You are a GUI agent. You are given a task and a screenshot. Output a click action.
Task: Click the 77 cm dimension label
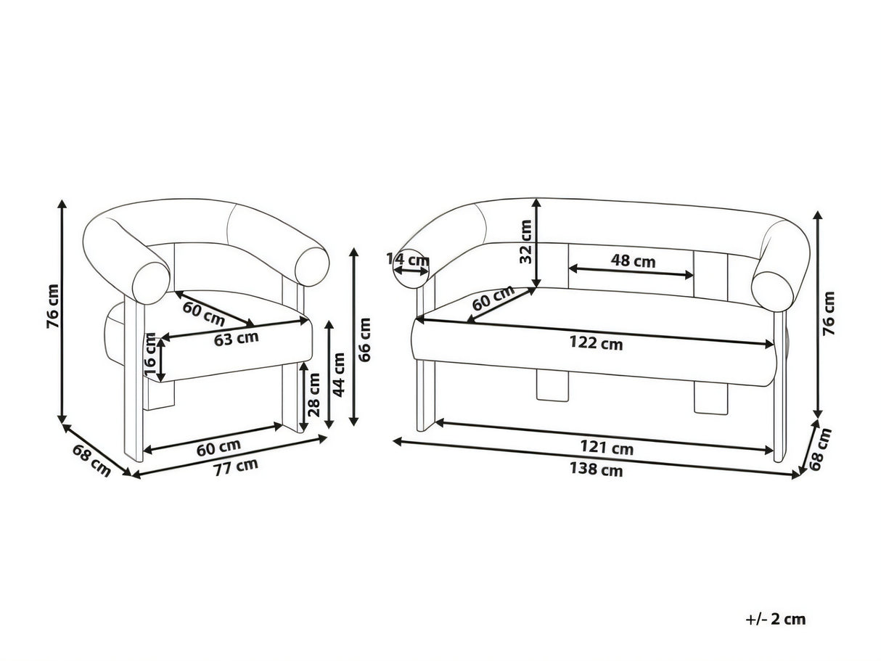(x=236, y=467)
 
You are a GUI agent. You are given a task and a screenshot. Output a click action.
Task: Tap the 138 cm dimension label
(x=597, y=469)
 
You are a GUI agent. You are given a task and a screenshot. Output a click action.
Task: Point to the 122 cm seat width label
(x=597, y=343)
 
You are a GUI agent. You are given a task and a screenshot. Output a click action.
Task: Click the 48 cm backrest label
(x=634, y=261)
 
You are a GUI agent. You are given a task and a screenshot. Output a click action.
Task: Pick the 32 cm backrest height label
(x=525, y=242)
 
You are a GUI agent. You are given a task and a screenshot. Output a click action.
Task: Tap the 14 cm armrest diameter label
(x=408, y=260)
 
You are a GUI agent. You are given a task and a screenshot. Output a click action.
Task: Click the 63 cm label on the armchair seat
(x=236, y=338)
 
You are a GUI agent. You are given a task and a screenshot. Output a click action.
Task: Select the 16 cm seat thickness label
(x=150, y=354)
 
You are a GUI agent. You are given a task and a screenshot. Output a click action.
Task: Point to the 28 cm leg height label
(x=314, y=395)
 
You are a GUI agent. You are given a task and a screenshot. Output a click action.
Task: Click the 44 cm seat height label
(x=339, y=375)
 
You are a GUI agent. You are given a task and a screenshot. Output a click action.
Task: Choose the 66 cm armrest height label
(x=364, y=340)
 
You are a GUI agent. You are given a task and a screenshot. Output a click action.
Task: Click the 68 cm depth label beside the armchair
(x=91, y=461)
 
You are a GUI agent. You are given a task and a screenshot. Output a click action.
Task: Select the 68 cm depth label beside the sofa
(x=820, y=449)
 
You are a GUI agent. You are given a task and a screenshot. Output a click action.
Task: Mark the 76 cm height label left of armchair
(x=53, y=307)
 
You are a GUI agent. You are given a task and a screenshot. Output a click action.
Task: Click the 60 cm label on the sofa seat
(x=493, y=297)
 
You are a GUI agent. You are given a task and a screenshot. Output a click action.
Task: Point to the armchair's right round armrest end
(x=312, y=266)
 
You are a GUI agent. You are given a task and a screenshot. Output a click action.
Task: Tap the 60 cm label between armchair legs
(x=218, y=448)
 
